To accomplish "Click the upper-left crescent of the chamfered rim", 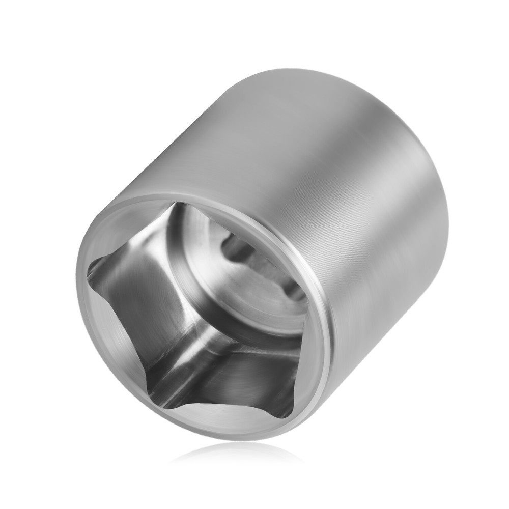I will coord(122,224).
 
